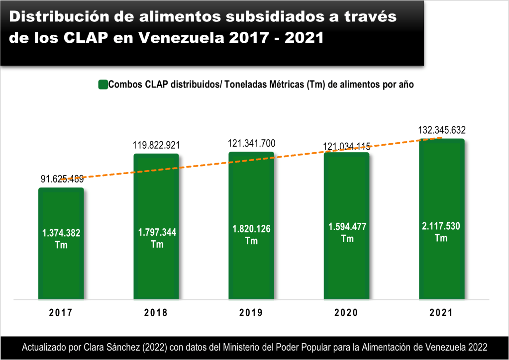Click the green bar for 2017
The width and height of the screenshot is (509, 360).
click(61, 269)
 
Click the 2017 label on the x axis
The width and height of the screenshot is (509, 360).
click(61, 313)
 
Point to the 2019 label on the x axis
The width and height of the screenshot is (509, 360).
click(251, 313)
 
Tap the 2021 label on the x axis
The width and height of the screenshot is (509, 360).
click(441, 313)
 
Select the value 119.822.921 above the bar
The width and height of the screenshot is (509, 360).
click(156, 146)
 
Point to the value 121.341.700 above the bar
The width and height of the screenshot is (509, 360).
click(251, 144)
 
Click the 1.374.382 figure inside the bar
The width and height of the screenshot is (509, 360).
click(61, 233)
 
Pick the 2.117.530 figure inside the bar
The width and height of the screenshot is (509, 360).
click(441, 226)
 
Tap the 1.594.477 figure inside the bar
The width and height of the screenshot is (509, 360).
click(347, 227)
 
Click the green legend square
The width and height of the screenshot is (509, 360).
click(103, 85)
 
